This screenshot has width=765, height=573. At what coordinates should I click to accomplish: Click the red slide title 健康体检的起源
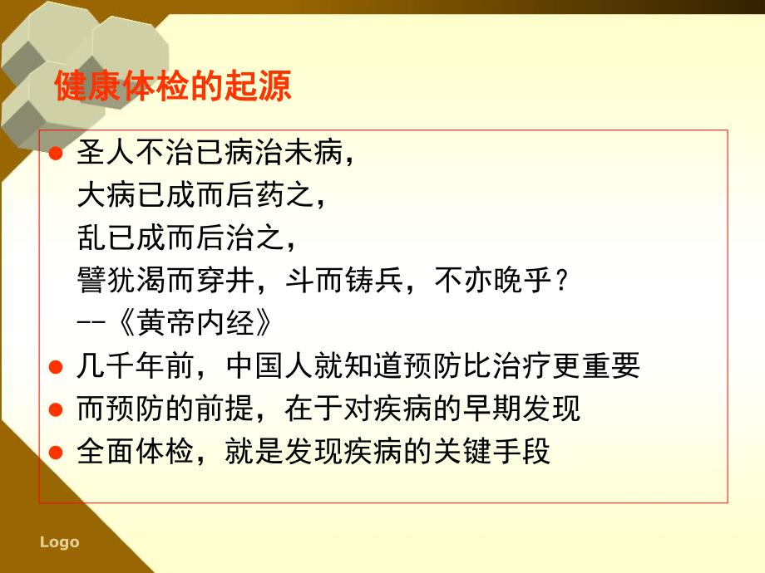click(172, 87)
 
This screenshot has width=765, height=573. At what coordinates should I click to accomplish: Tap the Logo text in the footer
click(59, 542)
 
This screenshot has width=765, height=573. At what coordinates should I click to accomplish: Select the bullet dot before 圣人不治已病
click(57, 154)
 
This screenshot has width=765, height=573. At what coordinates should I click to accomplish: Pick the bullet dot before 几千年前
click(57, 366)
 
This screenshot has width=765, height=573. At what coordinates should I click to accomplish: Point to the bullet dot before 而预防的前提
click(57, 409)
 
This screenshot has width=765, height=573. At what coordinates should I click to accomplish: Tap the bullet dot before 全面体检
click(57, 453)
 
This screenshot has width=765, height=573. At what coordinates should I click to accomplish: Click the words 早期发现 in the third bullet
click(537, 409)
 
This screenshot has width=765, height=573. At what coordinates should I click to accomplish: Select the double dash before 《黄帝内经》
click(89, 322)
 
